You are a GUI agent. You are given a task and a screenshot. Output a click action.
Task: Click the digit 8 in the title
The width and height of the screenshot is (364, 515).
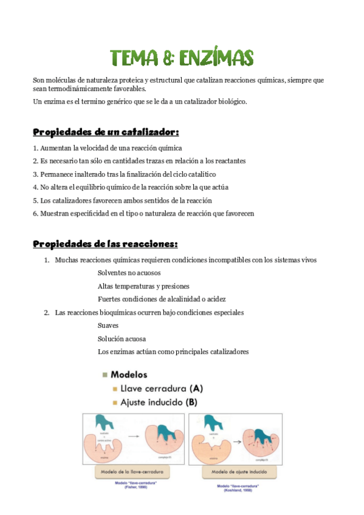click(170, 58)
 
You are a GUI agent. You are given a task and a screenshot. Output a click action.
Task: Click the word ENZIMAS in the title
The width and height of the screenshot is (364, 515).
click(217, 58)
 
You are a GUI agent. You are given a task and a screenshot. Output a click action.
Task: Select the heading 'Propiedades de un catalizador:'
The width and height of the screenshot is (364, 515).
click(106, 132)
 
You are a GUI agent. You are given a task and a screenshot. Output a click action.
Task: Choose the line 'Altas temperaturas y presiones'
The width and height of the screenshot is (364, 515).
click(143, 286)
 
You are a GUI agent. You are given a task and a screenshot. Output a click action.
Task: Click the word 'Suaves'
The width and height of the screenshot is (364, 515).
click(108, 326)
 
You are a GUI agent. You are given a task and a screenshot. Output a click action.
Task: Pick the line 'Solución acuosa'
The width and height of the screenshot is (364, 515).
click(122, 339)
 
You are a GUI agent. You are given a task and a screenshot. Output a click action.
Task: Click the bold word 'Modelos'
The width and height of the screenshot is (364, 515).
click(129, 375)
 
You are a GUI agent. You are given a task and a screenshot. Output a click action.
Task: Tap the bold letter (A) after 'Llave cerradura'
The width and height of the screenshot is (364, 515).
click(196, 388)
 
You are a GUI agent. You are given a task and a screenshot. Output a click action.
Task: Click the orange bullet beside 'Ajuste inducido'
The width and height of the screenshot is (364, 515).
click(114, 402)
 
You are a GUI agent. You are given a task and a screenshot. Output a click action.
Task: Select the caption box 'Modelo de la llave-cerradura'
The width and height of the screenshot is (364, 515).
click(132, 471)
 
